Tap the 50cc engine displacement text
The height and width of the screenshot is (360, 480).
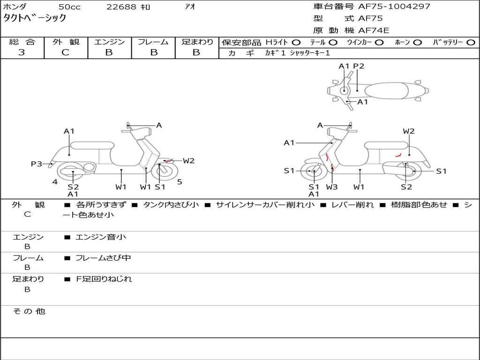(69, 7)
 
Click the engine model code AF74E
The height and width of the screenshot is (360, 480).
(374, 30)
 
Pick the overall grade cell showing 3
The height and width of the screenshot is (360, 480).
(22, 52)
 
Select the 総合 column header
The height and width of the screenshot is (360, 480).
(22, 42)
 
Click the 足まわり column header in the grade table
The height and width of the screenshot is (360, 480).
(197, 42)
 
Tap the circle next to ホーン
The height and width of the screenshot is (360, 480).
(418, 42)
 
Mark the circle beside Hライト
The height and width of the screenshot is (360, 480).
(296, 42)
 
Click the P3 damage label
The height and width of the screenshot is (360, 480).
(37, 164)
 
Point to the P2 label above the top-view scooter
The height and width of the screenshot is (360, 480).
(359, 66)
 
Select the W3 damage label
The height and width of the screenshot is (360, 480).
(332, 187)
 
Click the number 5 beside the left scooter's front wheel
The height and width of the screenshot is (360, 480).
(180, 182)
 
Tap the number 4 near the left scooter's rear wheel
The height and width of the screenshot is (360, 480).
(55, 182)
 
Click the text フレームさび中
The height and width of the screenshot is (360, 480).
(103, 258)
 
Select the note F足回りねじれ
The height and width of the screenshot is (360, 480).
(104, 279)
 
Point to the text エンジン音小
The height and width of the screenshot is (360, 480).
(101, 237)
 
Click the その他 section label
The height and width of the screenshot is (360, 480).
(29, 311)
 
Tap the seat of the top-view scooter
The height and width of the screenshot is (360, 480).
(388, 90)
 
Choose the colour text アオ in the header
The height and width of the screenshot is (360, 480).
(190, 7)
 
